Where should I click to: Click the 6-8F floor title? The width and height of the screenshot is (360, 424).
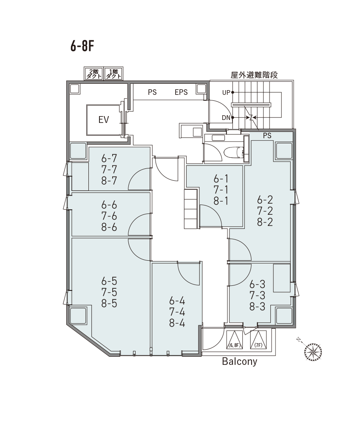pyautogui.click(x=82, y=46)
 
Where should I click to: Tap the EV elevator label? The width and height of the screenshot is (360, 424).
pyautogui.click(x=103, y=120)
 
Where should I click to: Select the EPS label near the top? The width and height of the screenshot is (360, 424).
pyautogui.click(x=181, y=92)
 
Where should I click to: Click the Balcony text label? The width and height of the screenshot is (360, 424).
pyautogui.click(x=240, y=362)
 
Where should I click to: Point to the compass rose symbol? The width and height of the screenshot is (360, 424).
pyautogui.click(x=313, y=351)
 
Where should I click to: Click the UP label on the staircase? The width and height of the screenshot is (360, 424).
pyautogui.click(x=226, y=92)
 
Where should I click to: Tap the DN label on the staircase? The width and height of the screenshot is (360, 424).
pyautogui.click(x=226, y=117)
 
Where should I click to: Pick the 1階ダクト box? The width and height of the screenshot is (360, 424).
pyautogui.click(x=113, y=74)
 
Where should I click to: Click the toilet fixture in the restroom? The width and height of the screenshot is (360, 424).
pyautogui.click(x=234, y=151)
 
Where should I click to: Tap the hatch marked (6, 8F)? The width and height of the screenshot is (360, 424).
pyautogui.click(x=234, y=340)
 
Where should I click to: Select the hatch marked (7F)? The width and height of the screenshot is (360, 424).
pyautogui.click(x=258, y=340)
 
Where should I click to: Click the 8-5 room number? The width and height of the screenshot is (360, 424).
pyautogui.click(x=109, y=303)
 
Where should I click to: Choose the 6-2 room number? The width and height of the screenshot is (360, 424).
pyautogui.click(x=265, y=199)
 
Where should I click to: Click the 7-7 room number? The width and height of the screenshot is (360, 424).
pyautogui.click(x=109, y=169)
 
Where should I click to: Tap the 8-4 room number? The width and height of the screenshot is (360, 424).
pyautogui.click(x=177, y=323)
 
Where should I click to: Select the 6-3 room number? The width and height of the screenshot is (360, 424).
pyautogui.click(x=257, y=284)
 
